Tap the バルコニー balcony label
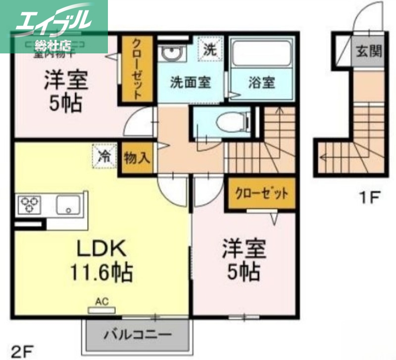pyautogui.click(x=137, y=335)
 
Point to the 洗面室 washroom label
pyautogui.click(x=191, y=82)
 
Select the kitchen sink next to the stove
pyautogui.click(x=69, y=204)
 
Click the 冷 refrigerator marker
pyautogui.click(x=104, y=156)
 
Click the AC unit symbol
pyautogui.click(x=101, y=309)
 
